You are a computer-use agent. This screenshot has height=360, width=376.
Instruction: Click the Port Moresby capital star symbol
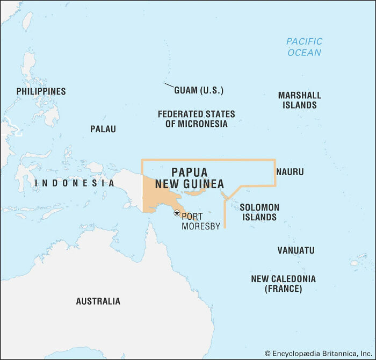pos(176,213)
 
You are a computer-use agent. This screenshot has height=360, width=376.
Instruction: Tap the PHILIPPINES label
pos(41,91)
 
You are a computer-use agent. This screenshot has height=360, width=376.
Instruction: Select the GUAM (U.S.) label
pos(199,90)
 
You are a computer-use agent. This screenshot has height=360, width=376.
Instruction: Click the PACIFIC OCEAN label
pos(304,47)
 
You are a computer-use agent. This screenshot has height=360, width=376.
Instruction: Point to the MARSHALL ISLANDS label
pos(299,100)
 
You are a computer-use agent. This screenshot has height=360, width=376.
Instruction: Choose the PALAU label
pos(103,129)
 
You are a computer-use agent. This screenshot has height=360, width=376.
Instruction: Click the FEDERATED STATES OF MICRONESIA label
pos(196,119)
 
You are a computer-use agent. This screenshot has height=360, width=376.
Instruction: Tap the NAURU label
pos(290,172)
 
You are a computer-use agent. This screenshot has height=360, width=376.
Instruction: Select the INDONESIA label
pos(74,183)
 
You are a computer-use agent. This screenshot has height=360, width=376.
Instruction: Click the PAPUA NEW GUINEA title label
pos(190,178)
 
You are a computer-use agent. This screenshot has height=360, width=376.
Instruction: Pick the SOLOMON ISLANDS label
pos(259,212)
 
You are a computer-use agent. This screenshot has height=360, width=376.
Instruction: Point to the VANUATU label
pos(295,250)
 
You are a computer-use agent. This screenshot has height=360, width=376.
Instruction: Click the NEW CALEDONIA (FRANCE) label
pos(283,284)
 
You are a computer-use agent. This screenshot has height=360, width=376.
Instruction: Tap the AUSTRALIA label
pos(98,301)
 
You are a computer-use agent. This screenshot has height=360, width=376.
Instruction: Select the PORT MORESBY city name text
pos(200,221)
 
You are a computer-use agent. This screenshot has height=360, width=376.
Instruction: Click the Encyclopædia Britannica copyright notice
pos(318,353)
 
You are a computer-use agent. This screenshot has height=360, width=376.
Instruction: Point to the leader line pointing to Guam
pos(169,86)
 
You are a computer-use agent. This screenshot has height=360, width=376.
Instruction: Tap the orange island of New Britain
pos(198,191)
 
